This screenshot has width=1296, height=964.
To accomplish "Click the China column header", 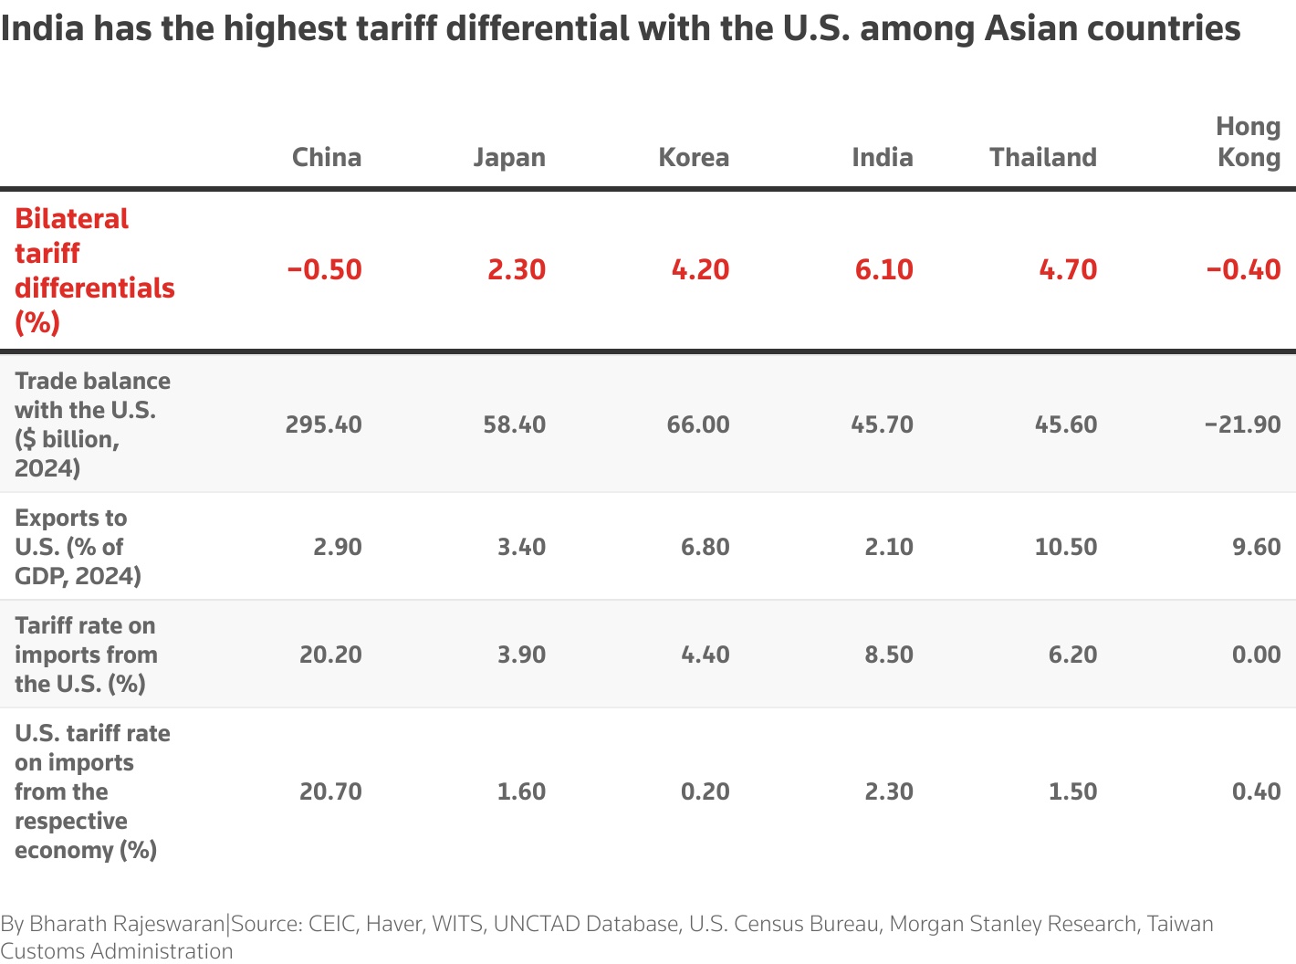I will click(326, 157).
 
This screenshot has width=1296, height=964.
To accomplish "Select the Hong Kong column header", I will click(1248, 141).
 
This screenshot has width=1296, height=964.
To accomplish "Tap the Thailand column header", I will click(1042, 157).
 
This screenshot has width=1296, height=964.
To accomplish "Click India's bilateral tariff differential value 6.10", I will click(883, 269).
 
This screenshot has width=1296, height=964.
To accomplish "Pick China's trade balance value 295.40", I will click(323, 424).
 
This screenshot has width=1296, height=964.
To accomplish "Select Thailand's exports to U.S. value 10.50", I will click(1065, 547).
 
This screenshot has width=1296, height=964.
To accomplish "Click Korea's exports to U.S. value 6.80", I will click(705, 547).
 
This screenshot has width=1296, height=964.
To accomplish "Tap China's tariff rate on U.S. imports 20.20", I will click(330, 655).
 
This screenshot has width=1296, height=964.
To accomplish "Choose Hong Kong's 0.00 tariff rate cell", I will click(1256, 655).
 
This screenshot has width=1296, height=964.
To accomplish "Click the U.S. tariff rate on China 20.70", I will click(330, 791).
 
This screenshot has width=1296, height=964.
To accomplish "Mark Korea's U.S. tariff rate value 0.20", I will click(705, 791).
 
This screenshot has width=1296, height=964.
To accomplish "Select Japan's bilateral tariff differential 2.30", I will click(516, 269).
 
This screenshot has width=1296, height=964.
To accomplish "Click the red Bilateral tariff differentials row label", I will click(94, 270).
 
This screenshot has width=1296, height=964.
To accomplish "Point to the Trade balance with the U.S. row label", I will click(92, 424).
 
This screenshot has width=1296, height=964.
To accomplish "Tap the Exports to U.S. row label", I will click(78, 547).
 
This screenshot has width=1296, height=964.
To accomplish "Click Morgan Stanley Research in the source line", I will click(1012, 924).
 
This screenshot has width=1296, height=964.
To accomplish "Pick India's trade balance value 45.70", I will click(882, 424).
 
